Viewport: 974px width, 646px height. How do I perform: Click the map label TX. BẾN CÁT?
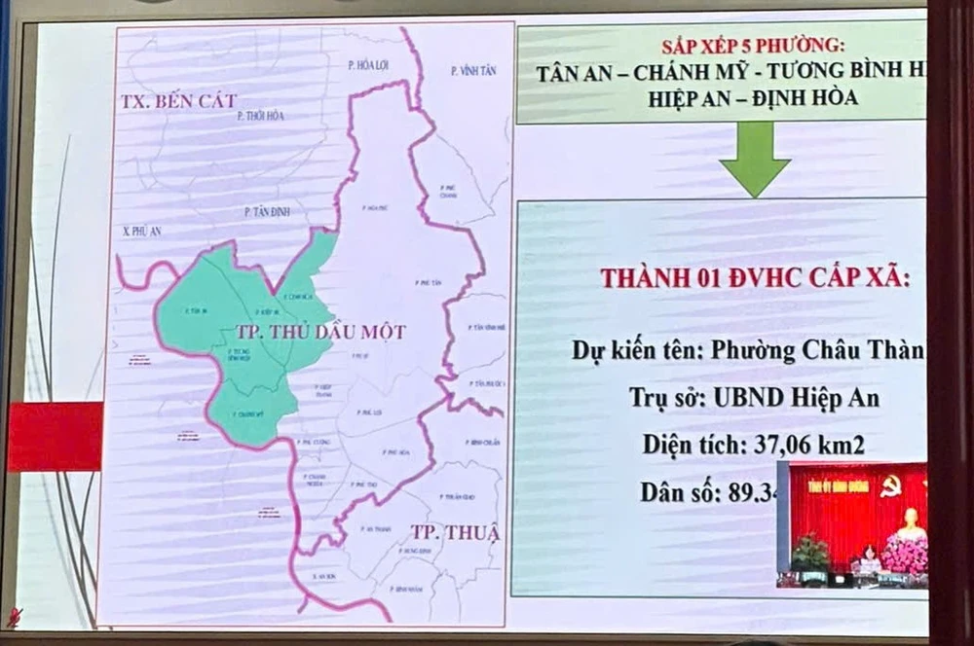pyautogui.click(x=180, y=101)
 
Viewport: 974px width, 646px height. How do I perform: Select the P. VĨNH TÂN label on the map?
pyautogui.click(x=473, y=71)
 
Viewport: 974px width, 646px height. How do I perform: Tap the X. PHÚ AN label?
pyautogui.click(x=141, y=232)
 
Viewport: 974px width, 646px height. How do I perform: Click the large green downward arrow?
pyautogui.click(x=756, y=159)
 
